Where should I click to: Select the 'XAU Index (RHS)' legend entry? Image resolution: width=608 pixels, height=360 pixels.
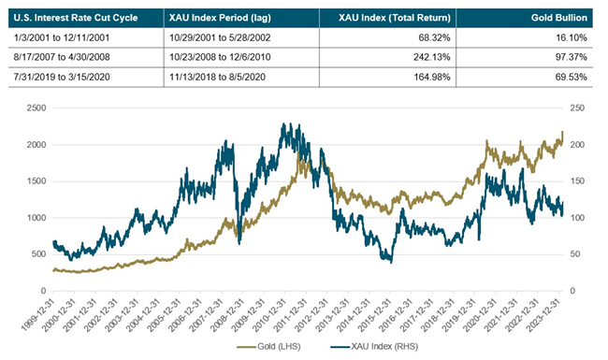pos(374,347)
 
